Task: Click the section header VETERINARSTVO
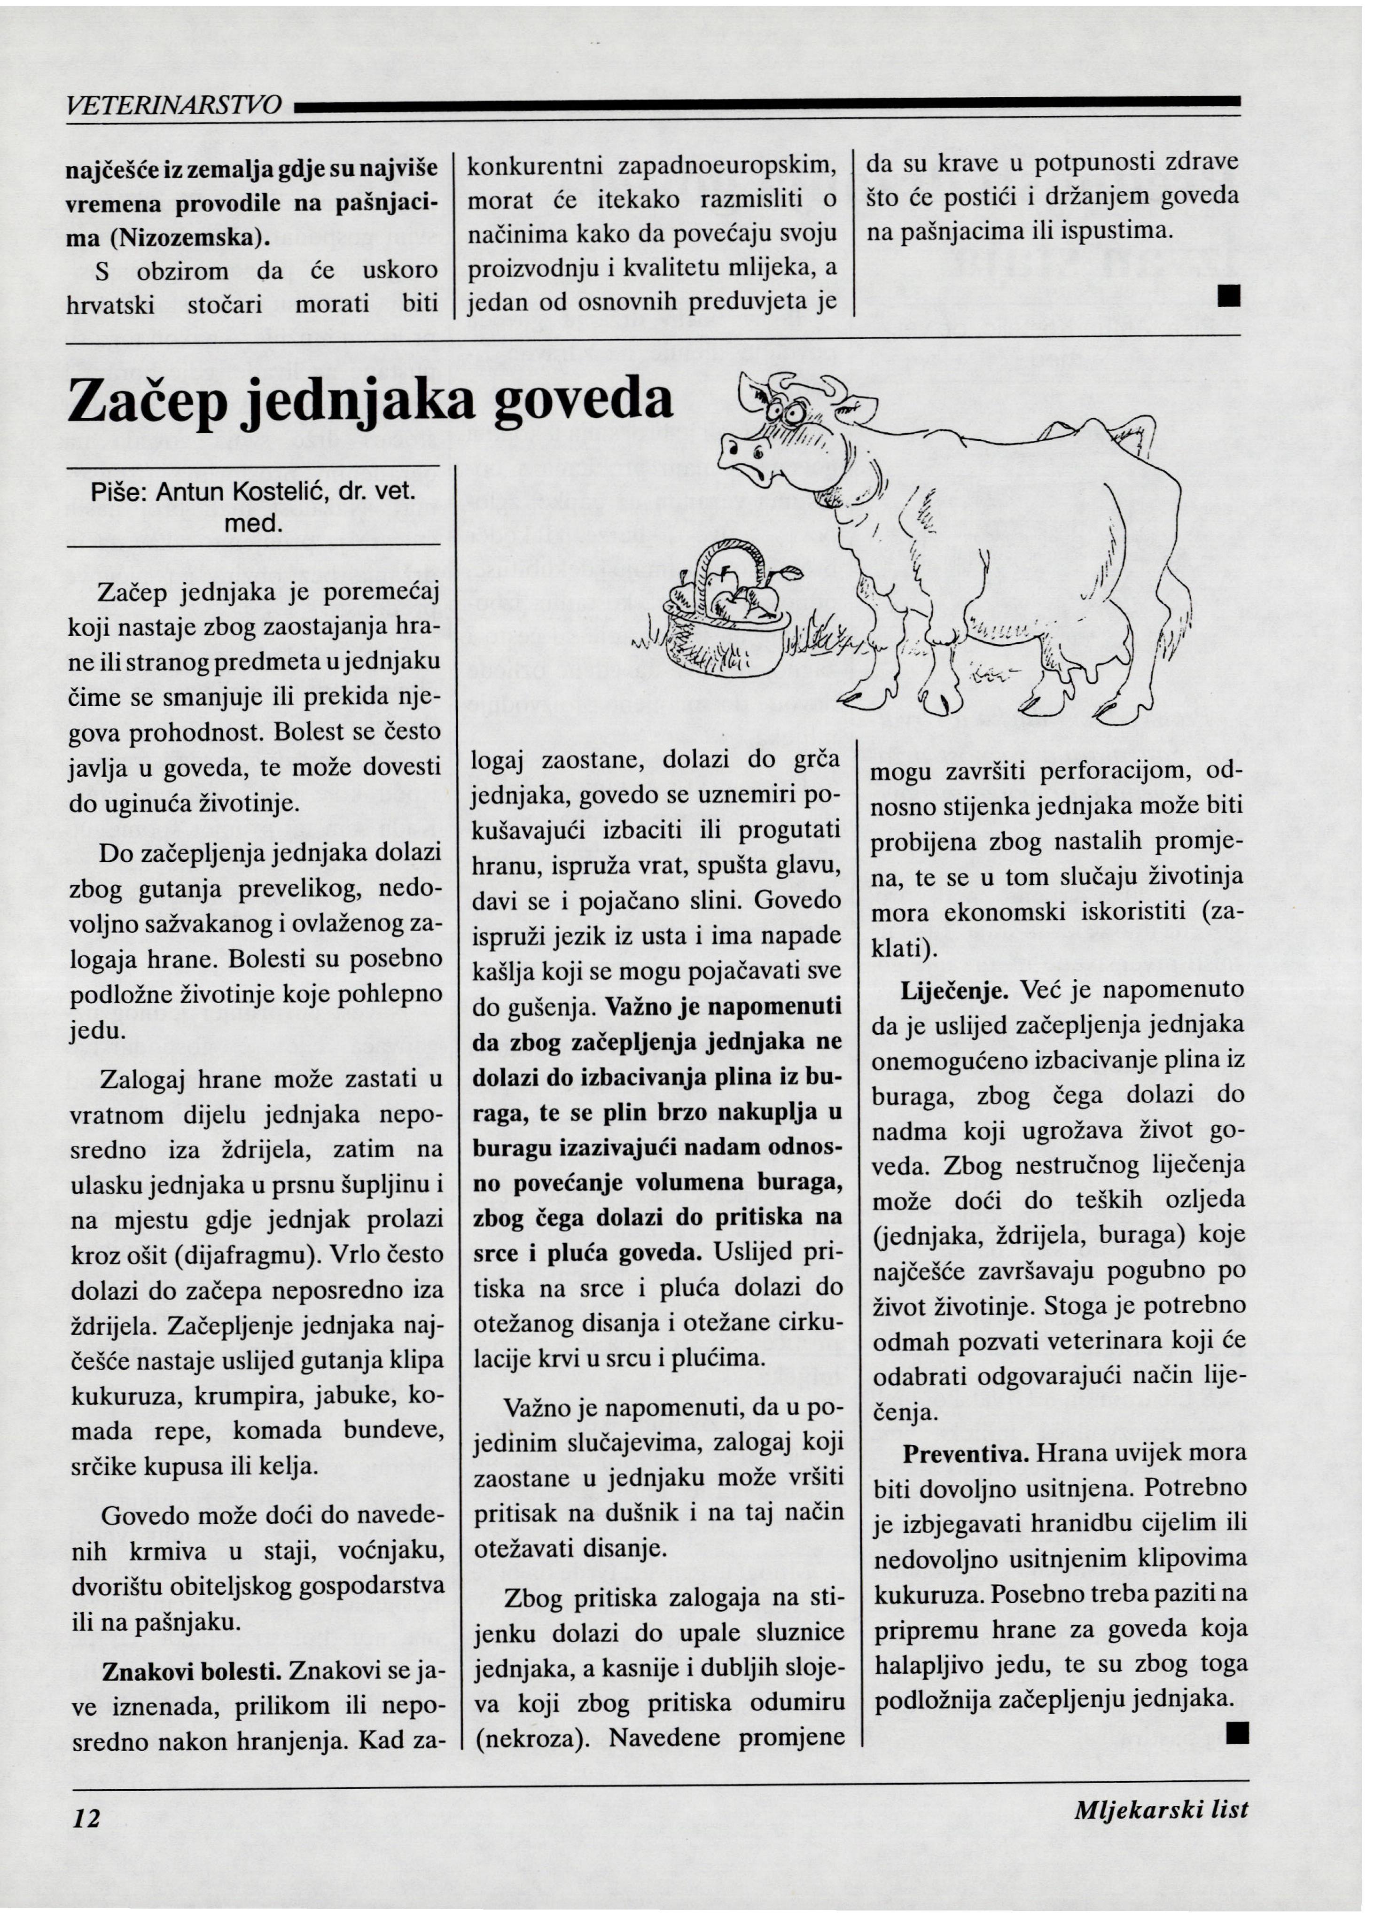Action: (x=173, y=106)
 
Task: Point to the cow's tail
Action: (x=1171, y=550)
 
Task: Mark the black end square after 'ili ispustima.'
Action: (x=1229, y=297)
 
